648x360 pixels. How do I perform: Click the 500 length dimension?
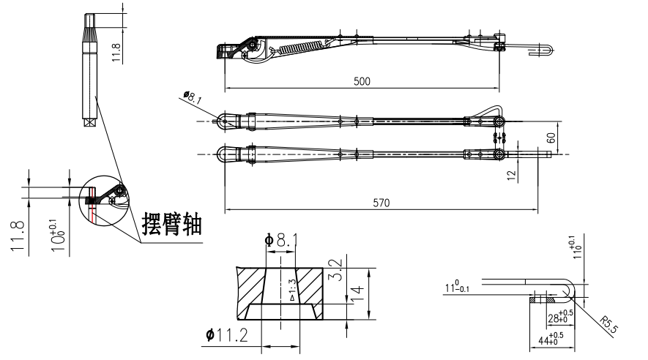pos(362,81)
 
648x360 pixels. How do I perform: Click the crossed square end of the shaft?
pos(90,122)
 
